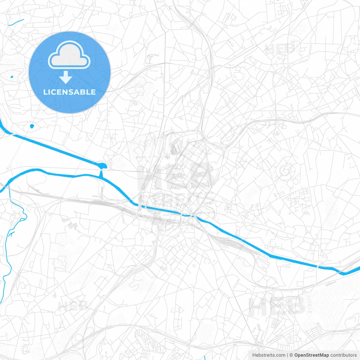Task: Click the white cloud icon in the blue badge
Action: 69,55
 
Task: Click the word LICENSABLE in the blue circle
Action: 69,92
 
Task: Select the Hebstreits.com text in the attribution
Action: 269,355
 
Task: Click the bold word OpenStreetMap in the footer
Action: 312,355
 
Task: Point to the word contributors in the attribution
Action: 343,355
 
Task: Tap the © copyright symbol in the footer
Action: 291,355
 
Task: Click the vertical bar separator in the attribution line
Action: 287,355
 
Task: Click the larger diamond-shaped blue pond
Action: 32,126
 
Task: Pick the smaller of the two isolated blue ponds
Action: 12,77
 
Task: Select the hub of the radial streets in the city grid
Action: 179,175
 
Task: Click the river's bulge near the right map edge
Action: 345,273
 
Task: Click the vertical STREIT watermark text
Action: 310,304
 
